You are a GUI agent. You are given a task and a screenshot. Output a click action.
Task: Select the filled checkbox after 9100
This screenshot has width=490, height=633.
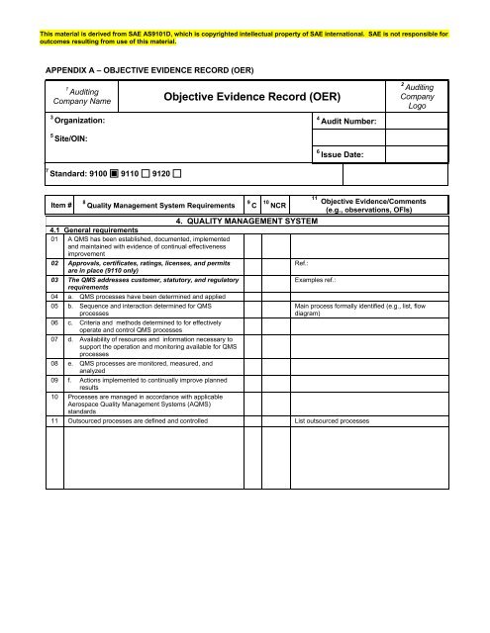(x=116, y=175)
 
